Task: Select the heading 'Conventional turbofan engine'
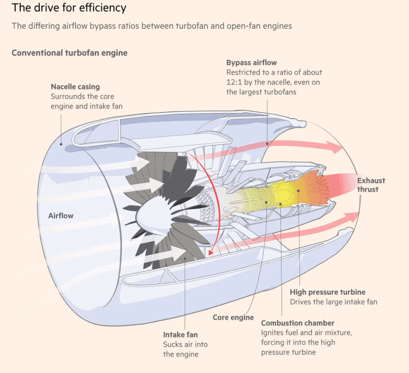pyautogui.click(x=69, y=53)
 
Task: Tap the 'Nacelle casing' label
pyautogui.click(x=75, y=87)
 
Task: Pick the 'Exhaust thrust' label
pyautogui.click(x=371, y=185)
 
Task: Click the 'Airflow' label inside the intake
pyautogui.click(x=60, y=216)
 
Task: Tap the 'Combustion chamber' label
pyautogui.click(x=298, y=323)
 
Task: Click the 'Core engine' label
pyautogui.click(x=233, y=317)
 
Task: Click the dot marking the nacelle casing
pyautogui.click(x=62, y=144)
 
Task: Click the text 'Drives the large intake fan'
pyautogui.click(x=333, y=302)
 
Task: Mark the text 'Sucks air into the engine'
pyautogui.click(x=185, y=349)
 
